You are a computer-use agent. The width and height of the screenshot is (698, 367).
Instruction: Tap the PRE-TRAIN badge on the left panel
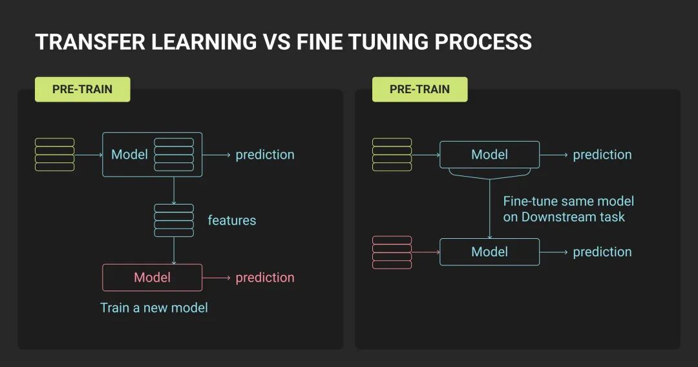point(83,89)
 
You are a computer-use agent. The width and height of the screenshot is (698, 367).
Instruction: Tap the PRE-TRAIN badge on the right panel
point(419,89)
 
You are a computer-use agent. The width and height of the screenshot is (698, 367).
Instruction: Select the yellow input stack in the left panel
point(54,155)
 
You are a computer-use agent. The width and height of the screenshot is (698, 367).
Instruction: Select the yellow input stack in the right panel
point(392,155)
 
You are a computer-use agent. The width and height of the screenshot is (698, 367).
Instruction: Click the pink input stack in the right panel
point(392,252)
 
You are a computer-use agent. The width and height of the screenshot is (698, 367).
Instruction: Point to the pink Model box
point(152,277)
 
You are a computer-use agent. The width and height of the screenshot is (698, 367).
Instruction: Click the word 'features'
point(231,220)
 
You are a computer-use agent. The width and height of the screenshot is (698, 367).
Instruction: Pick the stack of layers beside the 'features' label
point(174,220)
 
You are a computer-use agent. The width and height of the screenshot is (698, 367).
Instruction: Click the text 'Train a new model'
point(154,307)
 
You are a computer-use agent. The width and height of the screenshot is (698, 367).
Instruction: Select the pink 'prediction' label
point(265,277)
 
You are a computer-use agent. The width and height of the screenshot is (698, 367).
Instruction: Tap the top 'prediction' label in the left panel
point(265,155)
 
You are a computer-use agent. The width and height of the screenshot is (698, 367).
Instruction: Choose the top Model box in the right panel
point(489,155)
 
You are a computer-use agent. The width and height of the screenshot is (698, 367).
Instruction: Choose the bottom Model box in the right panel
point(489,252)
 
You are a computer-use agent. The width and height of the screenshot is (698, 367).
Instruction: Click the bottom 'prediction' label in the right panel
point(602,252)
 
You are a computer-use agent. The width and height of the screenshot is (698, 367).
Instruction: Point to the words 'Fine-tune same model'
point(569,201)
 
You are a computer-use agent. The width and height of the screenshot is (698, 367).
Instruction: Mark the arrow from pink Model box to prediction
point(217,278)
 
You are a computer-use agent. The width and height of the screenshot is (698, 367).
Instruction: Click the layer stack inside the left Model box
point(174,155)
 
